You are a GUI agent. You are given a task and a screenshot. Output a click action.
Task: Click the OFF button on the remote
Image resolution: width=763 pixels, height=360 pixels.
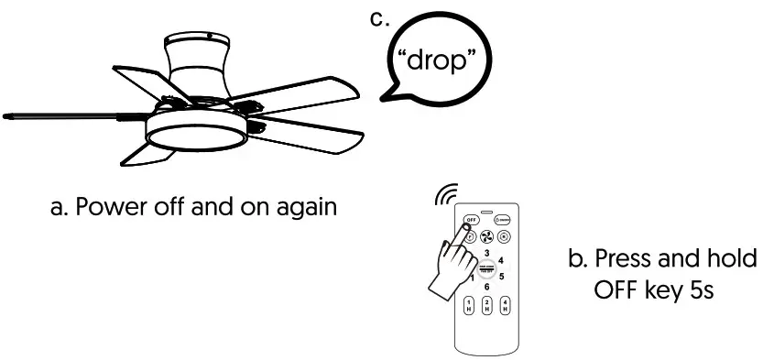tap(471, 221)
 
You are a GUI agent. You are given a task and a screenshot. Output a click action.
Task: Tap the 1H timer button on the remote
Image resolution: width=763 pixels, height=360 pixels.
tap(470, 306)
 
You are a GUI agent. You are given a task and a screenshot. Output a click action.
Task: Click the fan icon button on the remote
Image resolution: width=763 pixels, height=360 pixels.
tap(486, 235)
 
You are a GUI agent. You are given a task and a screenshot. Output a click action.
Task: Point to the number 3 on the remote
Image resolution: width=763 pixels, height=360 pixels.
tap(486, 252)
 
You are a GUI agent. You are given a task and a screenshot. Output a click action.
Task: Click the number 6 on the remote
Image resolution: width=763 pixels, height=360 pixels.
tap(486, 287)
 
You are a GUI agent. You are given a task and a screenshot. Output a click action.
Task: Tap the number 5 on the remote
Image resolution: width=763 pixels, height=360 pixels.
tap(501, 276)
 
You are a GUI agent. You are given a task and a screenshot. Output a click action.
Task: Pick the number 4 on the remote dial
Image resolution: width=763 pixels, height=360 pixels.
tap(500, 260)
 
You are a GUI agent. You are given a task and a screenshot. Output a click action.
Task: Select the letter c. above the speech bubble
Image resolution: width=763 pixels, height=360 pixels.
tap(377, 18)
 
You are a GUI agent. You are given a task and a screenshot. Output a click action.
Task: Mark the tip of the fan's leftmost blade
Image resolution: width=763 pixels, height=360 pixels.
tap(7, 117)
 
